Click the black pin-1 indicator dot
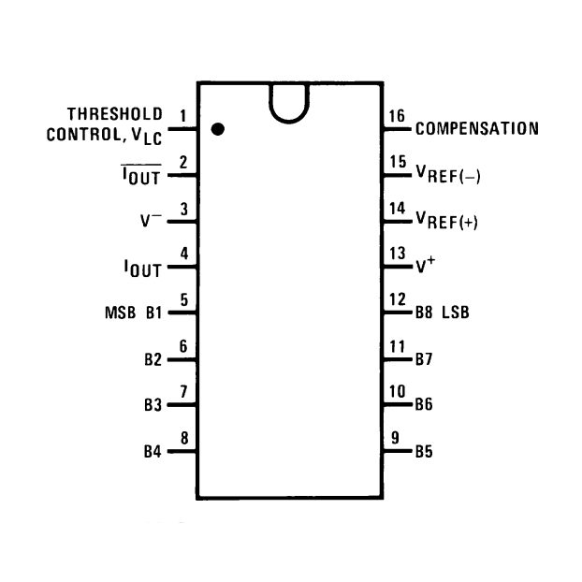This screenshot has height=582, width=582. pyautogui.click(x=217, y=129)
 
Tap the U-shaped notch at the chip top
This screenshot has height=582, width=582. pyautogui.click(x=289, y=120)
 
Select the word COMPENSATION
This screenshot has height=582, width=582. pyautogui.click(x=477, y=129)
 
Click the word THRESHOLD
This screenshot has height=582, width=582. pyautogui.click(x=115, y=114)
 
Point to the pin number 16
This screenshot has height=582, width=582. pyautogui.click(x=397, y=116)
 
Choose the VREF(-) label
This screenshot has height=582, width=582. pyautogui.click(x=448, y=174)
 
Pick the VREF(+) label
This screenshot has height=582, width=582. pyautogui.click(x=446, y=221)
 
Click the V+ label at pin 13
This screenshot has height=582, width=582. pyautogui.click(x=426, y=264)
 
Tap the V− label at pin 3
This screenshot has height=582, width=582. pyautogui.click(x=151, y=220)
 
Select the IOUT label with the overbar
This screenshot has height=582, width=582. pyautogui.click(x=141, y=175)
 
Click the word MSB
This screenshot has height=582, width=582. pyautogui.click(x=121, y=313)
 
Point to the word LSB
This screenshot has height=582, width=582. pyautogui.click(x=456, y=313)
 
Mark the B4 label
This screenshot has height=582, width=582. pyautogui.click(x=153, y=451)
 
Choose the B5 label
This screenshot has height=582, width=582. pyautogui.click(x=424, y=451)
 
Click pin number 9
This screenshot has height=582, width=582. pyautogui.click(x=395, y=438)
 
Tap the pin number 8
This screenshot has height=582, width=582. pyautogui.click(x=184, y=438)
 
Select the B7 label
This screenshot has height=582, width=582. pyautogui.click(x=424, y=359)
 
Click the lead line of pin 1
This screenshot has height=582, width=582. pyautogui.click(x=182, y=129)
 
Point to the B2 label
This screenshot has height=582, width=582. pyautogui.click(x=153, y=359)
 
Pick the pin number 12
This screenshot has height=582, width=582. pyautogui.click(x=397, y=299)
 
